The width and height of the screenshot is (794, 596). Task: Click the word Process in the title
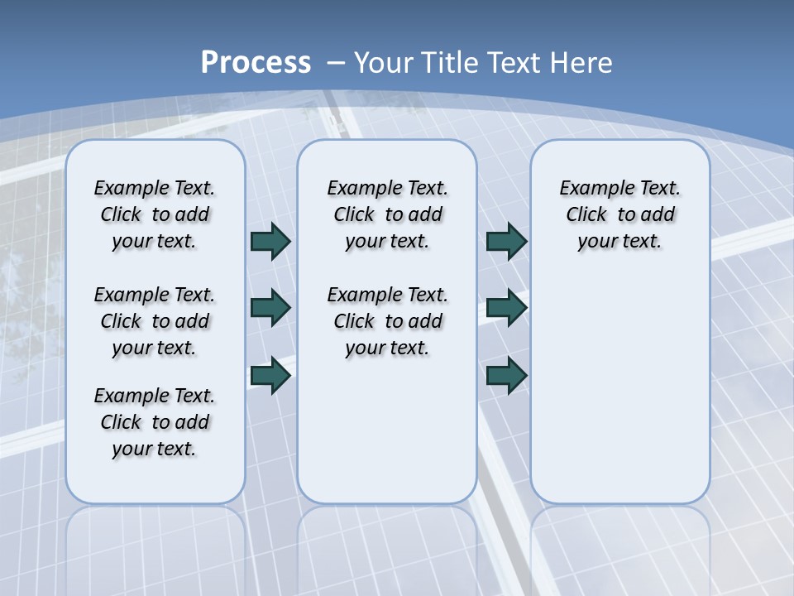pos(256,63)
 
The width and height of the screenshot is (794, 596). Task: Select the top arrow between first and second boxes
pos(270,241)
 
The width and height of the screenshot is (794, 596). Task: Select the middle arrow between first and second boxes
pos(270,308)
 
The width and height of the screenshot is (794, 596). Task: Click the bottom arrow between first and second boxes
pos(270,376)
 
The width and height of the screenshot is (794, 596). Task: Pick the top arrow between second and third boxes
pos(505,241)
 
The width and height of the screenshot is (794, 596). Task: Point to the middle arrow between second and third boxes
pos(505,308)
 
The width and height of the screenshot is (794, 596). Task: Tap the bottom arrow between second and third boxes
pos(505,376)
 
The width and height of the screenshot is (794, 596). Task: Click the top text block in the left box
pos(155,214)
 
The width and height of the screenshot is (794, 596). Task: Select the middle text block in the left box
pos(155,321)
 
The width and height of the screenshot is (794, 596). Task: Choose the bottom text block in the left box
pos(155,422)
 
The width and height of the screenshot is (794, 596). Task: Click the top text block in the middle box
pos(388,214)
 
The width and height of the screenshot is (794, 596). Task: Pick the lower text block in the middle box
pos(388,321)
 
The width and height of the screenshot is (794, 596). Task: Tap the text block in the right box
pos(620,214)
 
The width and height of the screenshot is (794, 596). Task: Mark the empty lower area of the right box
pos(620,397)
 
